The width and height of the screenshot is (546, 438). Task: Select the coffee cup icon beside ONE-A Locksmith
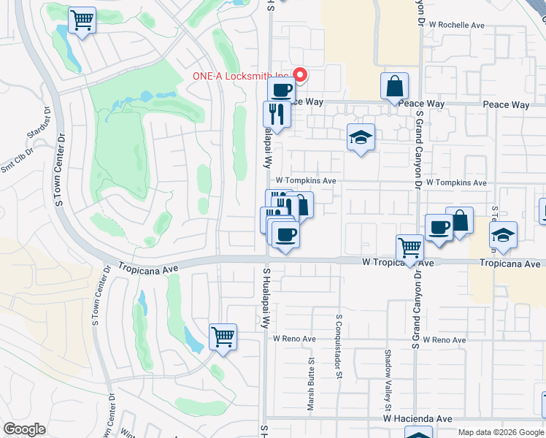click(x=280, y=91)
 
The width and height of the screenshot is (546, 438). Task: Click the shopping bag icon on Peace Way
click(x=394, y=86)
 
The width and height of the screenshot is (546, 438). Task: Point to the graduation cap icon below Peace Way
click(x=359, y=137)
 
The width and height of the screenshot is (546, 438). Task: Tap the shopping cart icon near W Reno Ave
click(x=223, y=337)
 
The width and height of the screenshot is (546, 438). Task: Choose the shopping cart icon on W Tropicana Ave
click(x=409, y=248)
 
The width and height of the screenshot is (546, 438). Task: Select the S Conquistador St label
click(x=339, y=347)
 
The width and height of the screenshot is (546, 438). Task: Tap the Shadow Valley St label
click(x=388, y=373)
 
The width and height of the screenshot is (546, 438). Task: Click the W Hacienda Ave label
click(x=418, y=419)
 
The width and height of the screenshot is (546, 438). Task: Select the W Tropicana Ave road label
click(x=399, y=262)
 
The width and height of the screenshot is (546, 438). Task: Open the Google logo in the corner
click(x=25, y=429)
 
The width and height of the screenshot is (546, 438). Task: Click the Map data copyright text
click(x=501, y=432)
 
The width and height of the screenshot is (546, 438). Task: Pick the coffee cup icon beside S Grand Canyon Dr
click(x=438, y=227)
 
